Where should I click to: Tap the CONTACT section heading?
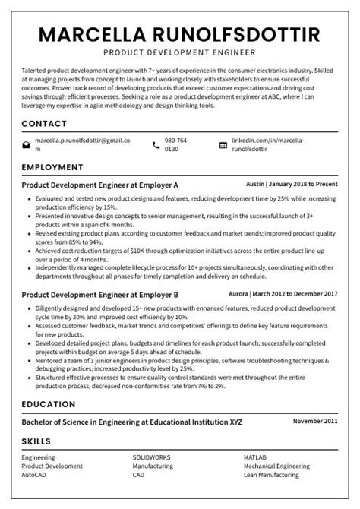(44, 123)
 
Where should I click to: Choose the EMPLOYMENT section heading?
(52, 166)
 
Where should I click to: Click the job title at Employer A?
(99, 185)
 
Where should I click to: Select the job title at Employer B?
(99, 294)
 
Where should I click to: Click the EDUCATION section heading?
(49, 403)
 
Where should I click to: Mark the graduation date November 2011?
(315, 420)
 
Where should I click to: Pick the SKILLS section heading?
(36, 441)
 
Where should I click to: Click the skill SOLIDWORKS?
(153, 458)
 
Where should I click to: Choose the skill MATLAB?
(255, 458)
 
